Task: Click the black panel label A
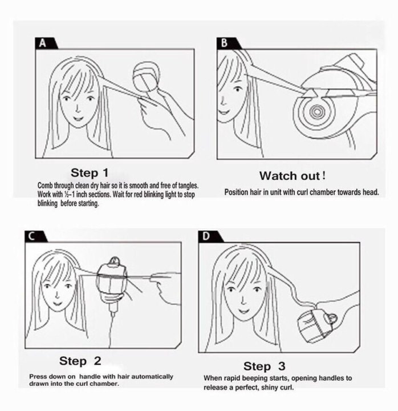coord(45,43)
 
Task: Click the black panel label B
coord(227,43)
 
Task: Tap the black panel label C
coord(35,236)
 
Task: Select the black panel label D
coord(209,236)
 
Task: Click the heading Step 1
coord(90,173)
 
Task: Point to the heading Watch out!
coord(293,176)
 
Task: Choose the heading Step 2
coord(80,361)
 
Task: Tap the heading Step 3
coord(264,366)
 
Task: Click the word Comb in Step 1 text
coord(45,186)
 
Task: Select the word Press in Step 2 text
coord(38,377)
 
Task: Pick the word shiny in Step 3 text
coord(271,388)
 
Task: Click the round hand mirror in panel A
coord(146,76)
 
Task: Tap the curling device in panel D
coord(318,324)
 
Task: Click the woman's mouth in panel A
coord(78,118)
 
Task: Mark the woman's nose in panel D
coord(243,301)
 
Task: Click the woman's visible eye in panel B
coord(238,90)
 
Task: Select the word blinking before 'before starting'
coord(47,203)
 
